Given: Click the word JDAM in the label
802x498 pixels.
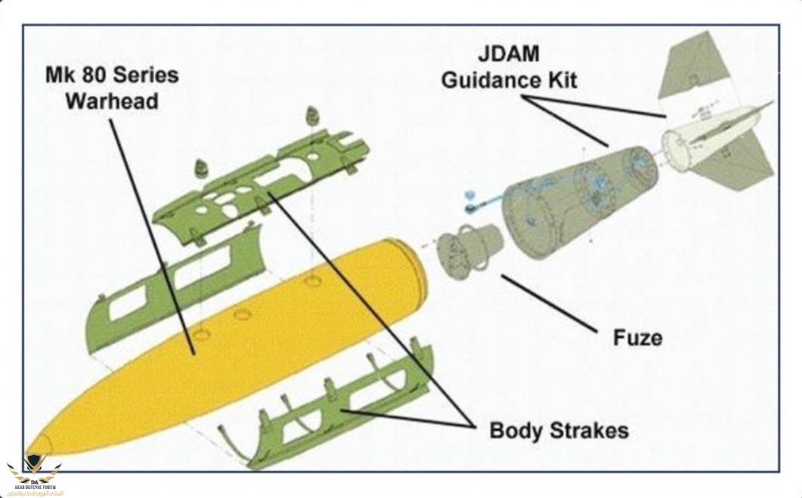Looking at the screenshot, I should click(508, 55).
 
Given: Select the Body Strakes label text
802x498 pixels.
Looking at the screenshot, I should click(559, 431).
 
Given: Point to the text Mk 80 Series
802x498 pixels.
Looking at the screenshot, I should click(111, 76).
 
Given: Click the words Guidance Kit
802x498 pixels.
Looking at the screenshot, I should click(509, 79).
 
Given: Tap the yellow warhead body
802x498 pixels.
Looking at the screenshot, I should click(249, 333).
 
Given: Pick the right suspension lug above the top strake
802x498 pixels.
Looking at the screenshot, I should click(312, 116).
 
